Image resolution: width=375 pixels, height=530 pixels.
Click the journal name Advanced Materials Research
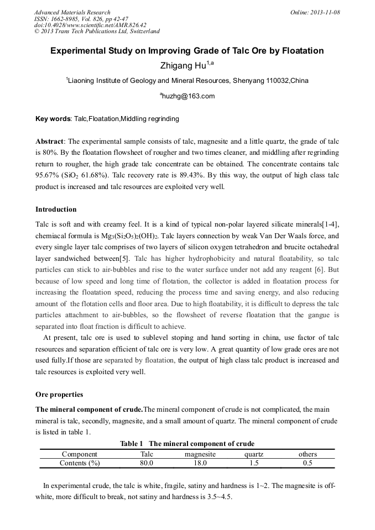[x=72, y=12]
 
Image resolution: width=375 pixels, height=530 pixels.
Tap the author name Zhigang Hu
[x=183, y=66]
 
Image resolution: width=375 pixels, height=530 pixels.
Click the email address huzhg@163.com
[x=187, y=96]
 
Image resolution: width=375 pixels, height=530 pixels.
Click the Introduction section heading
[x=56, y=209]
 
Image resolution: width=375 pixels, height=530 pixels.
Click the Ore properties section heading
[x=59, y=395]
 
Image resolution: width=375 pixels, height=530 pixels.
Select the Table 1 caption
[x=187, y=443]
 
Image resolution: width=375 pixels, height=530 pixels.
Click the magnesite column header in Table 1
[x=200, y=454]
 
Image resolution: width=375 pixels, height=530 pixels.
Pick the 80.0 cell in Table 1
[x=147, y=463]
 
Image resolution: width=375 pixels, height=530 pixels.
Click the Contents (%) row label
[x=80, y=463]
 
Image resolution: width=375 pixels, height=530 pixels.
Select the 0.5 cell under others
[x=308, y=463]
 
